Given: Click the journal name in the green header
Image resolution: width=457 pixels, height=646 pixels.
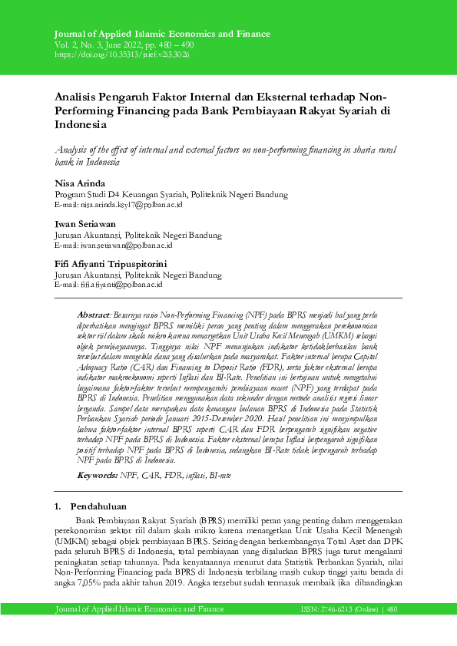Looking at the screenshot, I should pyautogui.click(x=162, y=35).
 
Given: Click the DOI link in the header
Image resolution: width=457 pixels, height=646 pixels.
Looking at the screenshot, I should pyautogui.click(x=122, y=55).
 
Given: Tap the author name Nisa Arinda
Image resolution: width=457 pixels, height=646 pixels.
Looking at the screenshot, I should pyautogui.click(x=78, y=184).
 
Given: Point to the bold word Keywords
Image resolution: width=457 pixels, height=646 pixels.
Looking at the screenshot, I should pyautogui.click(x=98, y=476).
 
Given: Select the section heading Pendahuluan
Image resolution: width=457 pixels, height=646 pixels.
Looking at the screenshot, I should pyautogui.click(x=104, y=507).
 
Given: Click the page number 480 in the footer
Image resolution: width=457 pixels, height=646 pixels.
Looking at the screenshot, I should pyautogui.click(x=392, y=609).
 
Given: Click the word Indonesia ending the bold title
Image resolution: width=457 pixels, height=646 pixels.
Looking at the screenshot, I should pyautogui.click(x=82, y=124).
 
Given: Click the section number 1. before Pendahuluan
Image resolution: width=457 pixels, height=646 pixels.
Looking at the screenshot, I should pyautogui.click(x=58, y=507).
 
